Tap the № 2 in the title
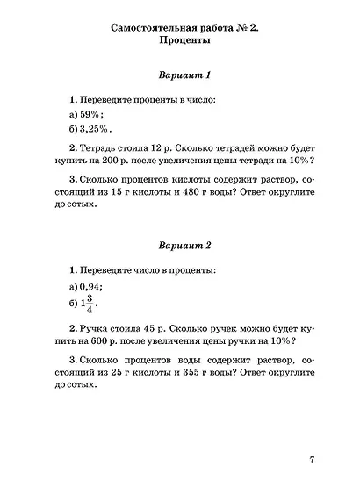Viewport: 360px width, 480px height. coord(248,25)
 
